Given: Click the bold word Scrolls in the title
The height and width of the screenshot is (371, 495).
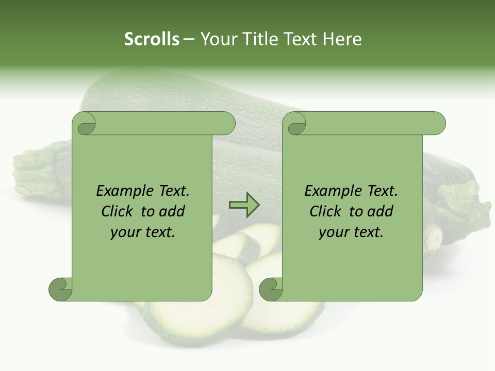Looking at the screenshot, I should [x=152, y=39].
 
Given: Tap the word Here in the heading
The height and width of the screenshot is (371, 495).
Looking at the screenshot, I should [x=342, y=39].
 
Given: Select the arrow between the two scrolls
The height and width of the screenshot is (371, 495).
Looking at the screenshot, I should [x=244, y=205].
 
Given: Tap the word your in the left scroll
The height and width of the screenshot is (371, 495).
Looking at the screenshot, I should [x=125, y=232].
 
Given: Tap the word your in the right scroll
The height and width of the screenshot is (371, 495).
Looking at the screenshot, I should [x=334, y=232].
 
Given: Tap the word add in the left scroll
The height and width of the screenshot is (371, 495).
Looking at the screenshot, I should [x=172, y=212].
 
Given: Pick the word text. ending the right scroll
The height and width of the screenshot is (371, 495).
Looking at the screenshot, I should [x=368, y=232].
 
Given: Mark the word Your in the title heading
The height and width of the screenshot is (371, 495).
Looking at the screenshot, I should [x=217, y=39].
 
